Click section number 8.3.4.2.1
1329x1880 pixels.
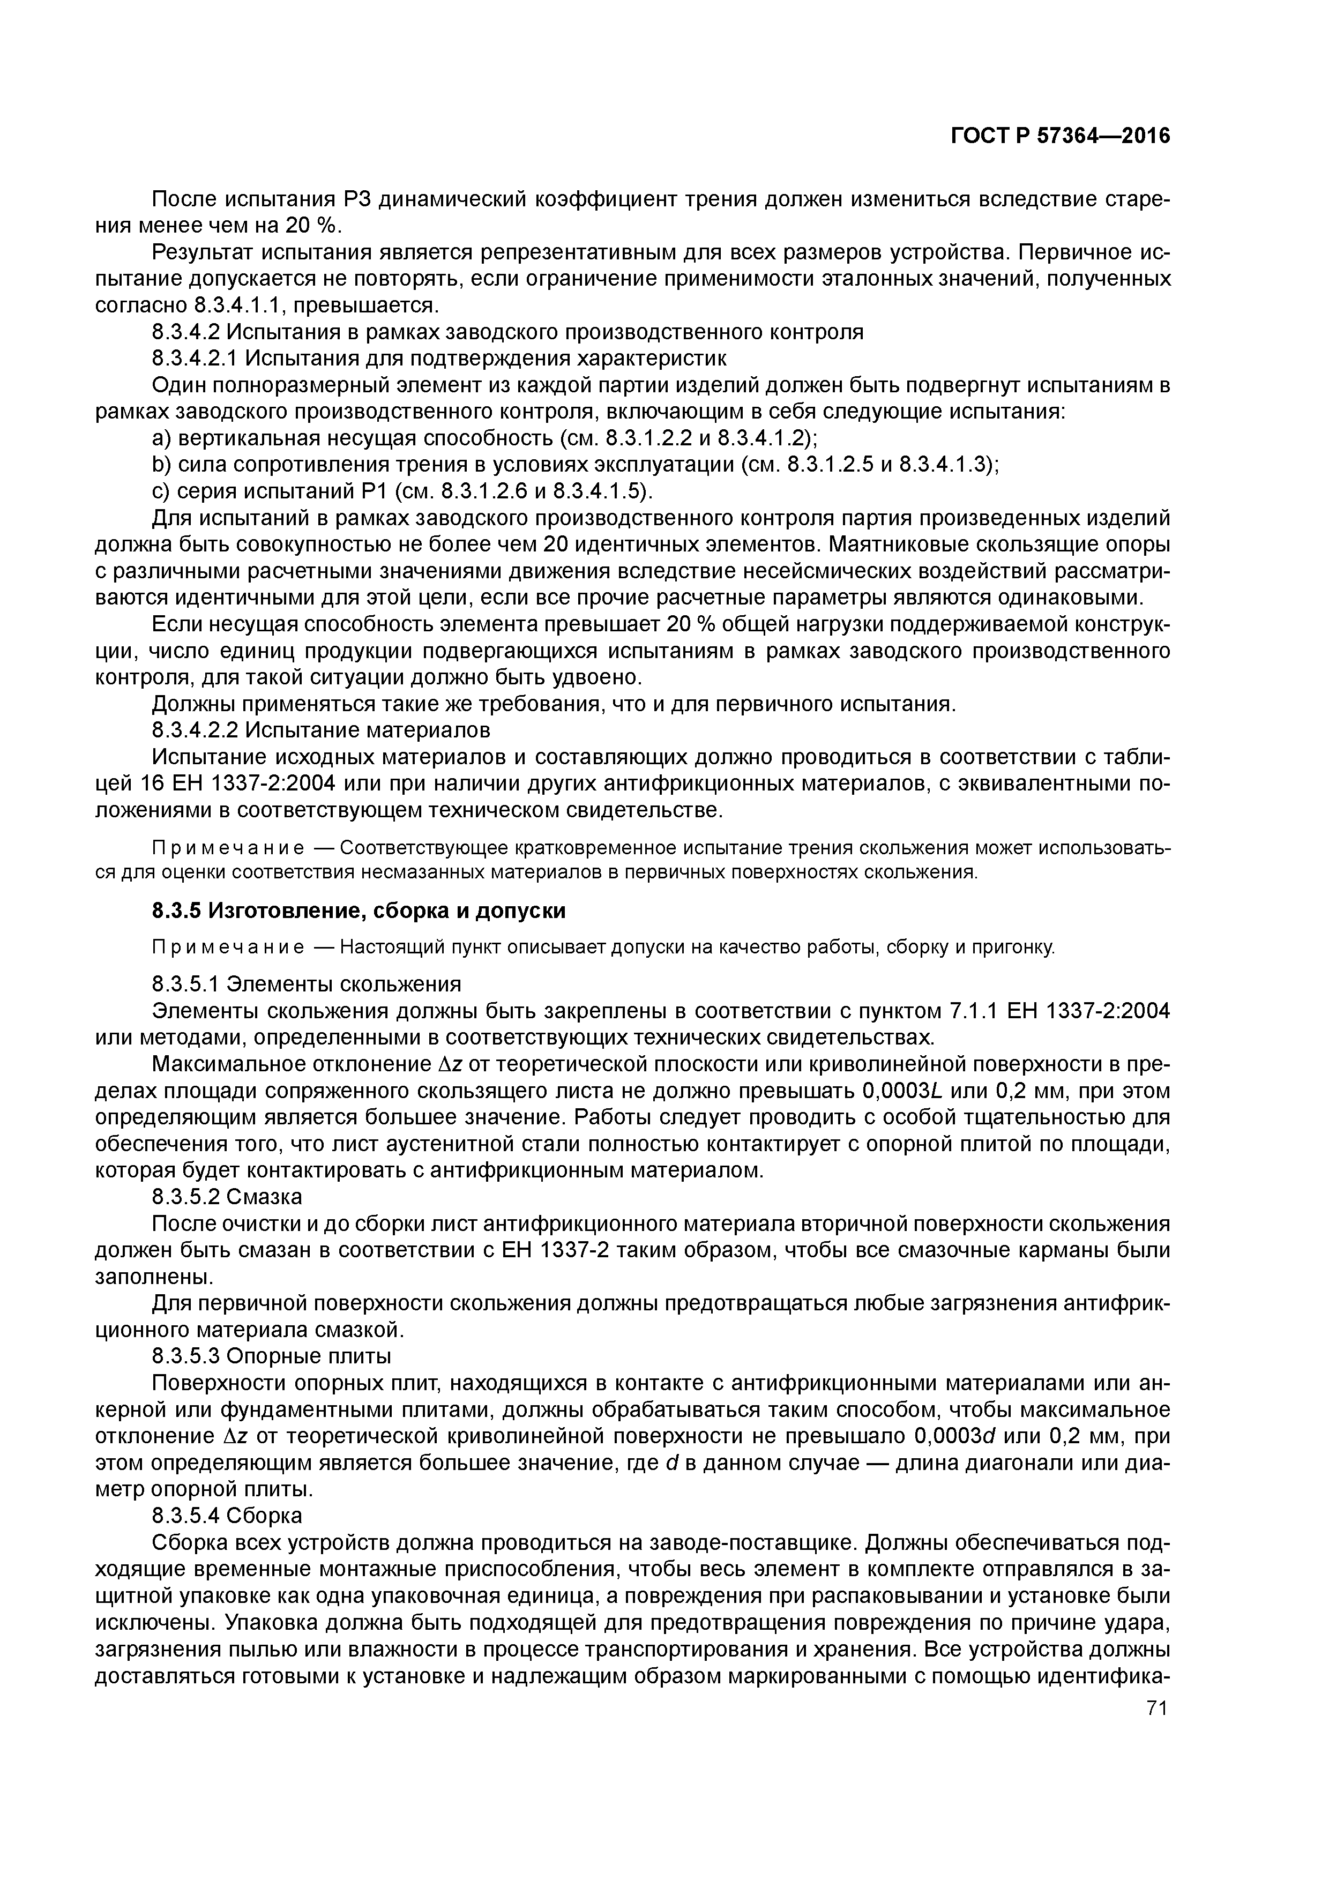(196, 358)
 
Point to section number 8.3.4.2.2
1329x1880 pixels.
(196, 729)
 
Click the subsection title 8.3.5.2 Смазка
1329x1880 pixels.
(227, 1197)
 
